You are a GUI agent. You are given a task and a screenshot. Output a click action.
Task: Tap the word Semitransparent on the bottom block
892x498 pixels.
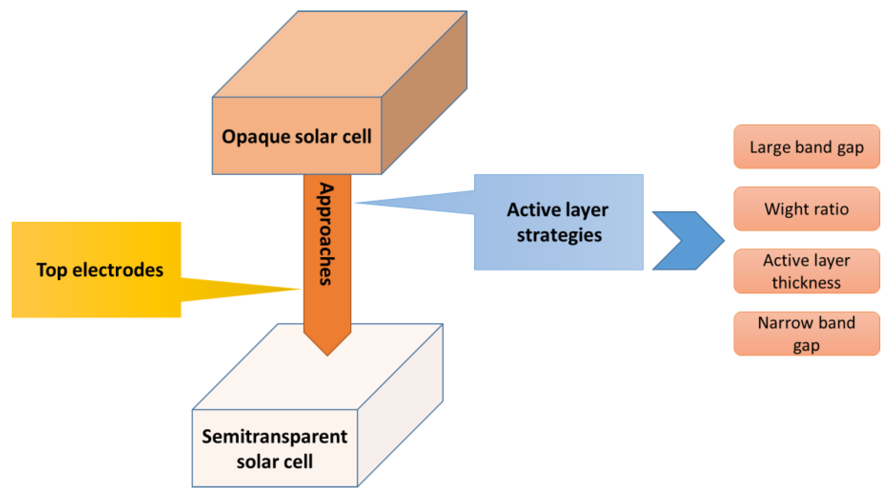(274, 437)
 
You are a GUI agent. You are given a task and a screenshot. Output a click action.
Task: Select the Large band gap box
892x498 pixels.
(806, 147)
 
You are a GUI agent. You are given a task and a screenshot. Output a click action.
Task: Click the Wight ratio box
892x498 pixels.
(806, 209)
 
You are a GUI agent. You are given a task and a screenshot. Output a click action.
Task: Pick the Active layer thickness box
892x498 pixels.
(806, 271)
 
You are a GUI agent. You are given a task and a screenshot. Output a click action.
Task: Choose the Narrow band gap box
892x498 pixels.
(806, 333)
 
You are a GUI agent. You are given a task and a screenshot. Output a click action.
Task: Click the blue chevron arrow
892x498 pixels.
(689, 240)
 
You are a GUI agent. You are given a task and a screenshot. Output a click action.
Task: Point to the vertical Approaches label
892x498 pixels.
(326, 234)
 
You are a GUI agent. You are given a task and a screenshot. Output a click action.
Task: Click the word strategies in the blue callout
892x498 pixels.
(559, 235)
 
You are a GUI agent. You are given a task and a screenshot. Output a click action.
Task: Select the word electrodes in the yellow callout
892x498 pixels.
(118, 270)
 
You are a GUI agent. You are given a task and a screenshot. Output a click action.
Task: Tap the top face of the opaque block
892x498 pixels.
(339, 54)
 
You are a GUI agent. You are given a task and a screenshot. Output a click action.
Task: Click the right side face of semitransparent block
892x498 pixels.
(400, 406)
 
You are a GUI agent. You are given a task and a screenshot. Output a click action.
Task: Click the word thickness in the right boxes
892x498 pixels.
(806, 283)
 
